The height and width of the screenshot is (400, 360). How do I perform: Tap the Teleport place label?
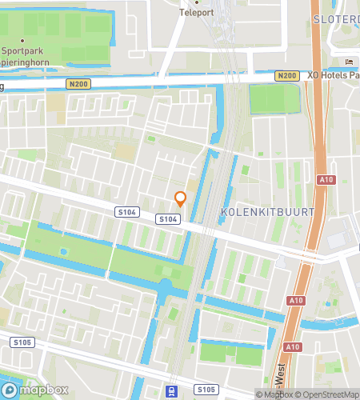click(x=196, y=13)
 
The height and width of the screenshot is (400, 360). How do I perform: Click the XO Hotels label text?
click(x=332, y=74)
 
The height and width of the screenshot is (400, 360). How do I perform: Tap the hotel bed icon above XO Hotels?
click(x=348, y=62)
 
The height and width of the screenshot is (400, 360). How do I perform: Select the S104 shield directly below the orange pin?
click(x=166, y=218)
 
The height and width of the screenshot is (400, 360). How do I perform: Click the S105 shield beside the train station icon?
click(x=206, y=390)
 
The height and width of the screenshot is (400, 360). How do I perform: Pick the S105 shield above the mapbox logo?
click(x=21, y=342)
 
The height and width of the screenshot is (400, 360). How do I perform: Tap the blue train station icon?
click(x=171, y=391)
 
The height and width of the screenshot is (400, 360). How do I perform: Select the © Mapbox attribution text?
click(x=273, y=394)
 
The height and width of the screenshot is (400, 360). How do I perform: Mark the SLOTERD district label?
click(x=336, y=18)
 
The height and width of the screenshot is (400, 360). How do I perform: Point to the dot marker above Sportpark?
click(x=23, y=40)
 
